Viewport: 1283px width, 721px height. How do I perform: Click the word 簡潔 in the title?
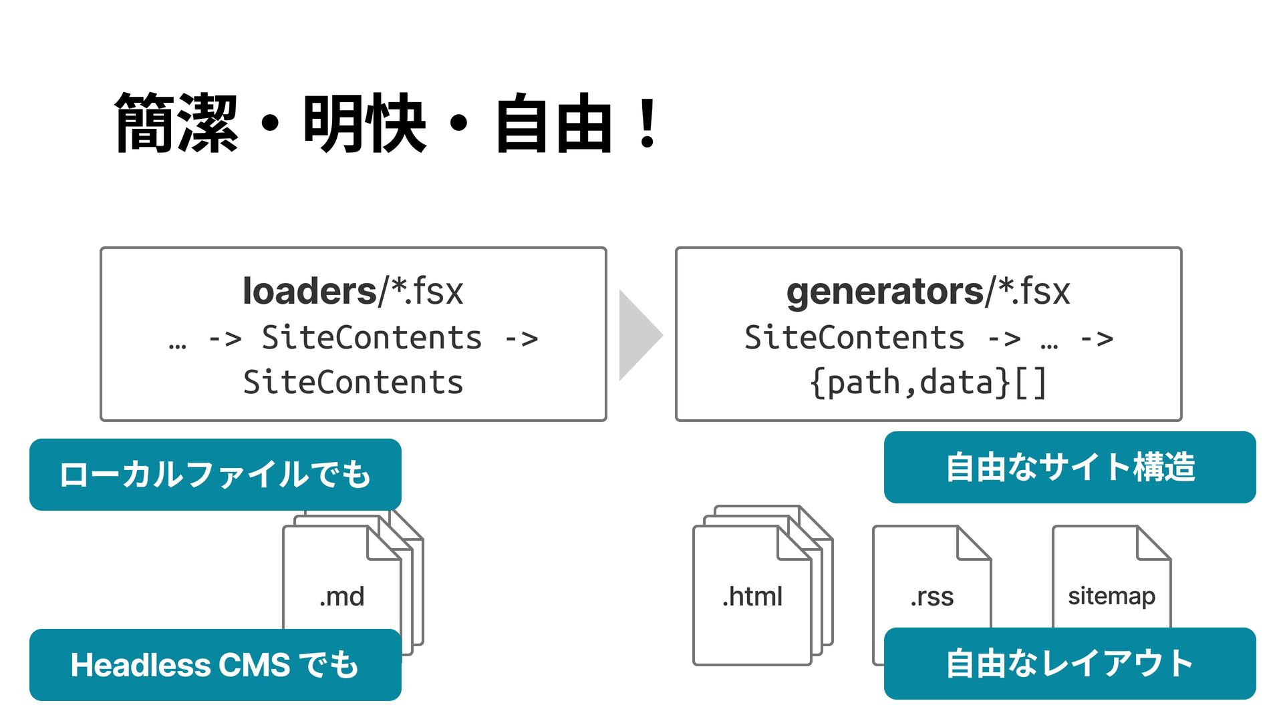(176, 124)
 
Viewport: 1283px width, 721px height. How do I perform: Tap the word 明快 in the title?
(365, 124)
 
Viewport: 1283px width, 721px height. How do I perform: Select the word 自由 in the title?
(553, 124)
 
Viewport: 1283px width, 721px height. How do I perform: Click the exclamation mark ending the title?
(647, 124)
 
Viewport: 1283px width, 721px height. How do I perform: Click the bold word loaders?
(310, 292)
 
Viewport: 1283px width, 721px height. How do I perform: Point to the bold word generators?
(885, 292)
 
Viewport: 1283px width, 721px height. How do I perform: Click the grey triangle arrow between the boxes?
(639, 335)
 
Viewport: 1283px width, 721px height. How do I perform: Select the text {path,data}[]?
(928, 383)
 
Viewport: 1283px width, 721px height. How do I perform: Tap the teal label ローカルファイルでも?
(215, 475)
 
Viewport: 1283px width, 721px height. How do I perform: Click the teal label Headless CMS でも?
(215, 665)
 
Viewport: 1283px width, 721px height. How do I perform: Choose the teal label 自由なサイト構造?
(1070, 467)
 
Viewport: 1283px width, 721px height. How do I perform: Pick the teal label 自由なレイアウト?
(1070, 664)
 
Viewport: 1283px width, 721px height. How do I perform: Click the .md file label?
(342, 596)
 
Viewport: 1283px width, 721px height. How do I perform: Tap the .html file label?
(752, 596)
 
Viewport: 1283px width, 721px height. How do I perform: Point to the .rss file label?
(932, 596)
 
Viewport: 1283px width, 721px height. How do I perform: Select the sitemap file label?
(1111, 596)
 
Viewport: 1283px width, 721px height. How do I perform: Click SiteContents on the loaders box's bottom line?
(353, 383)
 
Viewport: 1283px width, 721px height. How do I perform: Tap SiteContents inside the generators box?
(855, 338)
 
